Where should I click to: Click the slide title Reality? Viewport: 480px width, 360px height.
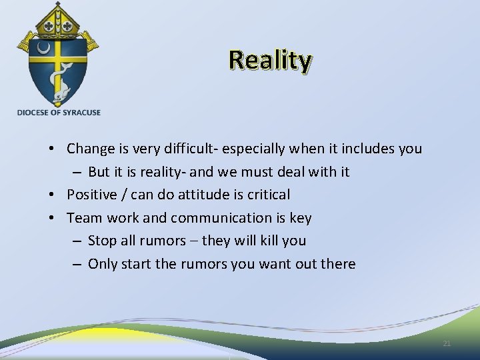click(270, 61)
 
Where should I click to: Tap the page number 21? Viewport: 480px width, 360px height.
click(447, 343)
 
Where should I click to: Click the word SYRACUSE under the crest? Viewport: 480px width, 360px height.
click(80, 113)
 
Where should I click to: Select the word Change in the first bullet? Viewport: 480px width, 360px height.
click(87, 149)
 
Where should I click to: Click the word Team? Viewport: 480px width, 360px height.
click(83, 218)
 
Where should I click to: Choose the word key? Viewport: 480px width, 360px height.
click(300, 219)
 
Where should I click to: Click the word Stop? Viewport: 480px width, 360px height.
click(102, 240)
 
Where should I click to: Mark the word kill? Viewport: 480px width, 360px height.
click(271, 240)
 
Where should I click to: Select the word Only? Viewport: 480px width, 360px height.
click(102, 264)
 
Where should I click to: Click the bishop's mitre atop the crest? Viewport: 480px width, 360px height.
click(59, 20)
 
